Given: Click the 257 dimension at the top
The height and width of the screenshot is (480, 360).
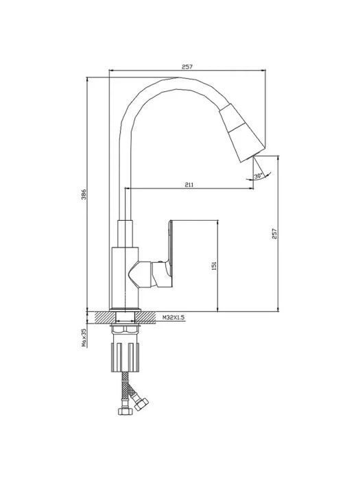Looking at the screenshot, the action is [187, 67].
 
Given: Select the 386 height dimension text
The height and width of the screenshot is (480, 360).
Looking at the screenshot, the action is [84, 194].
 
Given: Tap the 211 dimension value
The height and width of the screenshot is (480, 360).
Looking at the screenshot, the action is [189, 184].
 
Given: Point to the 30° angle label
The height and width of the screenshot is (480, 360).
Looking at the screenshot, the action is [258, 176].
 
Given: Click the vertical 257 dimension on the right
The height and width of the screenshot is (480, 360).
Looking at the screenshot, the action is [274, 234].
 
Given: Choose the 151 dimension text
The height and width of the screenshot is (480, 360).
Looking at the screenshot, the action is [214, 265].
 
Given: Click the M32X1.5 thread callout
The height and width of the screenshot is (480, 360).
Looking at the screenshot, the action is [173, 317].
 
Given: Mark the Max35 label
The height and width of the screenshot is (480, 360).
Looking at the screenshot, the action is [84, 338].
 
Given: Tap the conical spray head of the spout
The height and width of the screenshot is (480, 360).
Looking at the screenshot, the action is [242, 133].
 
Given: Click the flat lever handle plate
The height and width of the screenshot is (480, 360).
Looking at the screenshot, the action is [169, 245].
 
